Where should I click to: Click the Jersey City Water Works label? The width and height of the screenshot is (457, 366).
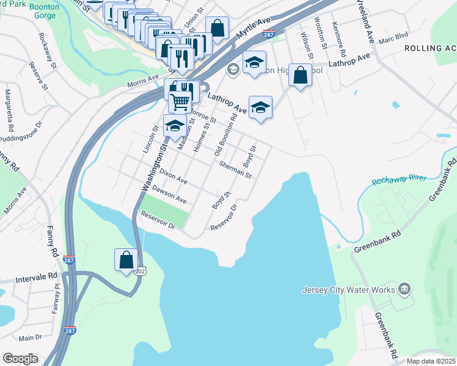348,290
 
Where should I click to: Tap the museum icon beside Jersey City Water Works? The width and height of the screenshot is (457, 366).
404,288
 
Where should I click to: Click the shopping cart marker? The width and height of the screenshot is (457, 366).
180,101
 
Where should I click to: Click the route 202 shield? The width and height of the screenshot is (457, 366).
141,270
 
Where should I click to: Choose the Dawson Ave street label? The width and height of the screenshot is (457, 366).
169,195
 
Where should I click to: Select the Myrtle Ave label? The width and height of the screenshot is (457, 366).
254,29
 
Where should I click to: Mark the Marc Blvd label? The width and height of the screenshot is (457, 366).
393,37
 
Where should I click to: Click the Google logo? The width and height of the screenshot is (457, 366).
20,359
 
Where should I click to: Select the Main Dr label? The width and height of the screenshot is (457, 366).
30,337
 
